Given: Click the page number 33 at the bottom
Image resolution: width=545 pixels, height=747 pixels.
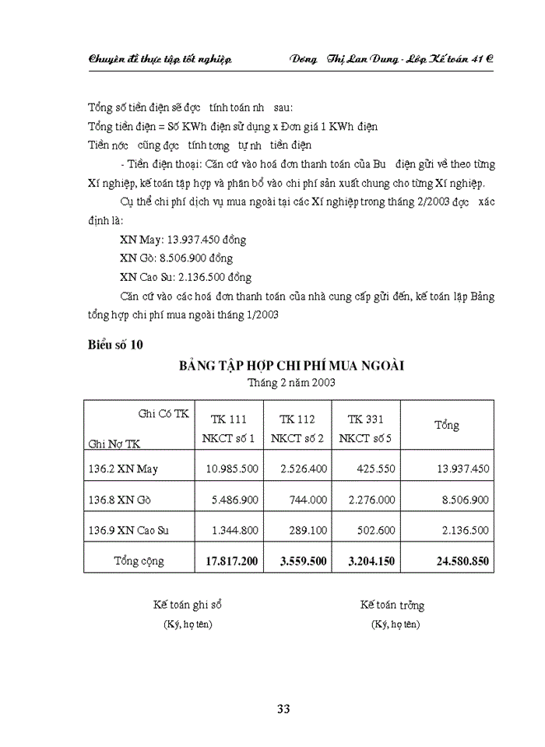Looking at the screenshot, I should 283,708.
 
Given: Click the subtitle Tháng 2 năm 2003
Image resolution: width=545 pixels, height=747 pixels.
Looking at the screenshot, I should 292,383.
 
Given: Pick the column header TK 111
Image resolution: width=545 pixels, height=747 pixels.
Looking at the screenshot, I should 228,419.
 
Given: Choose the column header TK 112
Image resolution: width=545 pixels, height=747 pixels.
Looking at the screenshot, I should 297,419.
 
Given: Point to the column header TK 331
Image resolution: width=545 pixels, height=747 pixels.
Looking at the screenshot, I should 365,419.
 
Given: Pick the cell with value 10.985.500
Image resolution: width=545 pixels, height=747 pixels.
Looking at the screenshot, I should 231,468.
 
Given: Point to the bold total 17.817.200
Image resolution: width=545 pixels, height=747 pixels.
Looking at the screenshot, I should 231,560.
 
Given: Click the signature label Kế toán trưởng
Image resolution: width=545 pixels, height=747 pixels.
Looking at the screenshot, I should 392,605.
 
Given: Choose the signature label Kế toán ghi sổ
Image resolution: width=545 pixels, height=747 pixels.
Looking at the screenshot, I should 188,605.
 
